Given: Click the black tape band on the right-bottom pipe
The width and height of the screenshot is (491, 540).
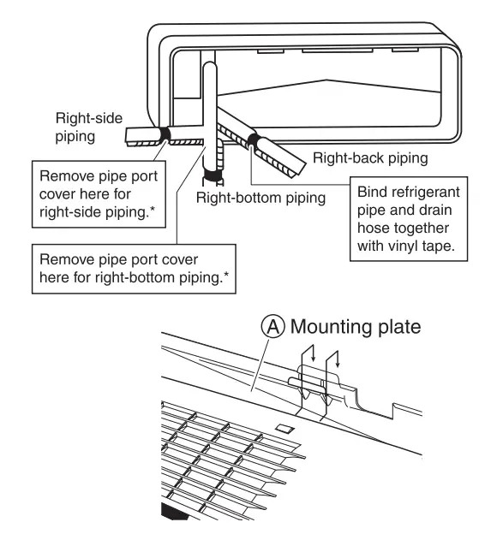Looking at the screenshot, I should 213,178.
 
